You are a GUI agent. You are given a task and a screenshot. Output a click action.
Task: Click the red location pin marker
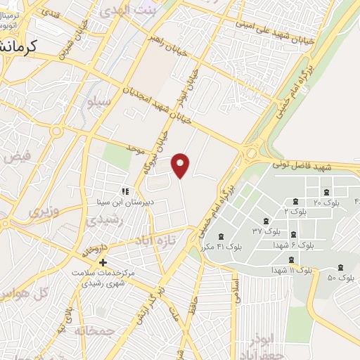coord(181,164)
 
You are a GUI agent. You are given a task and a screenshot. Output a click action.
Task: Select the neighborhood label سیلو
coord(98,103)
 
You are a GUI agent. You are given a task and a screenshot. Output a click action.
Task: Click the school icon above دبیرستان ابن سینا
coord(126,191)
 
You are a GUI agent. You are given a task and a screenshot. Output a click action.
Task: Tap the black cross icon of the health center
coord(103,262)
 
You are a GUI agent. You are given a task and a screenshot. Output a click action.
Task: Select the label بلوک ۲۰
coord(326,203)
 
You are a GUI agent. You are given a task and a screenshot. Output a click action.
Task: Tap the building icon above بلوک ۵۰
coord(341,267)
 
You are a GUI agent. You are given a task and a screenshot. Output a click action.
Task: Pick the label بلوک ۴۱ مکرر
coord(221,247)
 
